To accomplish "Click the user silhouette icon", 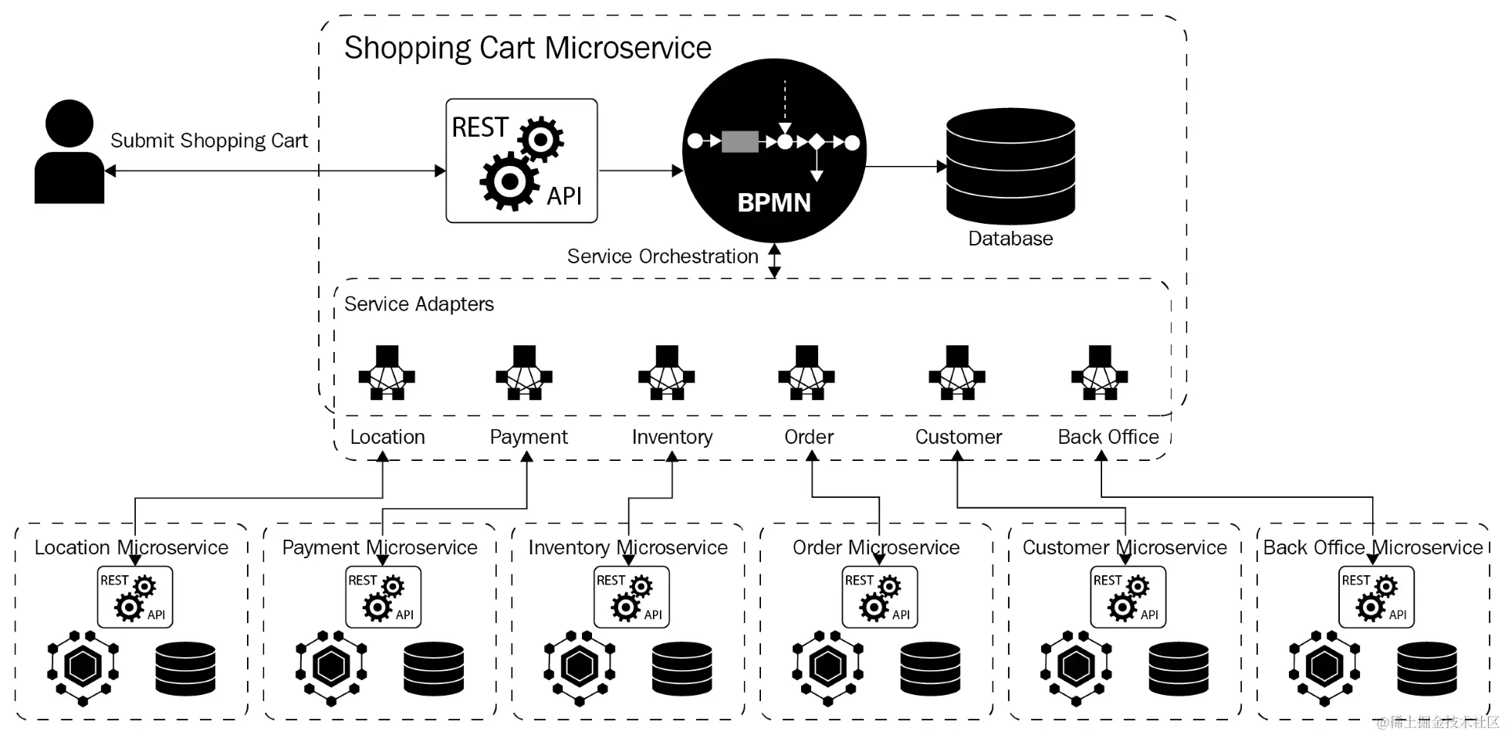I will (x=69, y=153).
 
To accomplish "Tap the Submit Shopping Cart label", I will (x=208, y=141).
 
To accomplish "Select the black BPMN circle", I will (x=774, y=151).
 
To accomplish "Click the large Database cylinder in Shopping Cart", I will (x=1010, y=166).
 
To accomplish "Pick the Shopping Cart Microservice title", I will (x=527, y=48).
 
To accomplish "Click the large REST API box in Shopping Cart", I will (x=522, y=161).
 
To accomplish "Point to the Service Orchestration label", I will (x=662, y=256).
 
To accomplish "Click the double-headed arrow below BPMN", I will (x=774, y=261).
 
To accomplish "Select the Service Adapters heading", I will (x=418, y=304).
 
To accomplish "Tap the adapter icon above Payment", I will (x=524, y=373).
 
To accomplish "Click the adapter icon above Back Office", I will (x=1099, y=373).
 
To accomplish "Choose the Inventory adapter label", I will (x=671, y=437).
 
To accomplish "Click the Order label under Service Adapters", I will (x=808, y=437).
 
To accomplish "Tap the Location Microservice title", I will (x=131, y=547).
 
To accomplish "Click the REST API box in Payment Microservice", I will (x=383, y=597).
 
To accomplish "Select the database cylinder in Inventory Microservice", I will (x=682, y=669).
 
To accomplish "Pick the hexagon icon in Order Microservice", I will (x=827, y=667).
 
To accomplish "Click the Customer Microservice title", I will (x=1124, y=547).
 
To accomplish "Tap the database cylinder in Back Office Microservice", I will (x=1427, y=669).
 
